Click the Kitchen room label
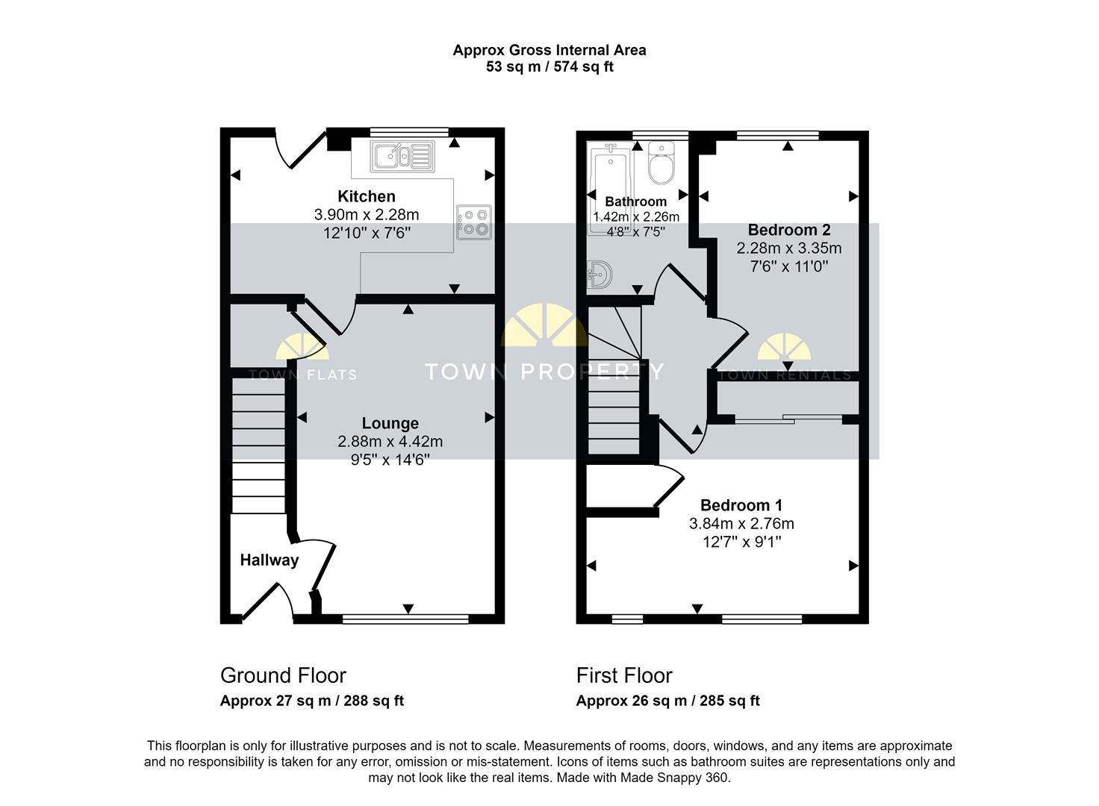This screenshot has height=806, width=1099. (367, 196)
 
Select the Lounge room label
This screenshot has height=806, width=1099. (390, 423)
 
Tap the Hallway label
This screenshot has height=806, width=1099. (269, 560)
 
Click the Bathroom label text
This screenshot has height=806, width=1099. (635, 201)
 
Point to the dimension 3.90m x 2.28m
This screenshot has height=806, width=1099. (367, 215)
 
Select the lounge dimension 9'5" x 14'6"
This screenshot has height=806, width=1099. (390, 460)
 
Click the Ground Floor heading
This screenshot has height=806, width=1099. (283, 675)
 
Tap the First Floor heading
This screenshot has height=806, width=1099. (624, 675)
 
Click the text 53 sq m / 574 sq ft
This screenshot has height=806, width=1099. (549, 67)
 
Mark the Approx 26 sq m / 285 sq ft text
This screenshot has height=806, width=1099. (667, 701)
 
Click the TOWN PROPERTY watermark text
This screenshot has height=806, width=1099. (544, 371)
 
